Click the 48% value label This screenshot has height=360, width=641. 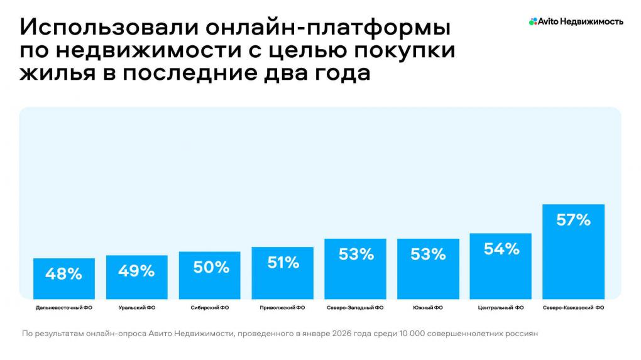coord(63,274)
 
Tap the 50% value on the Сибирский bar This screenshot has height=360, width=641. coord(210,267)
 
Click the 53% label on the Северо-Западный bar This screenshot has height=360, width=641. coord(356,254)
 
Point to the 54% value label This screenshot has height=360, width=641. coord(501,249)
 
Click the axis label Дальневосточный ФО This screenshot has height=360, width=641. coord(63,308)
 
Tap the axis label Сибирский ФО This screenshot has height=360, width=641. coord(210,308)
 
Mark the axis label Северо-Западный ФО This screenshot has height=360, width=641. coord(356,308)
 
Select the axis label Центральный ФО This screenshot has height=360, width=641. coord(501,308)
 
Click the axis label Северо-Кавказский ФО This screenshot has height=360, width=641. coord(573,308)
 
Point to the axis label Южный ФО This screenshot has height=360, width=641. coord(428,308)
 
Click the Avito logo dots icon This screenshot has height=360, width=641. coord(533,21)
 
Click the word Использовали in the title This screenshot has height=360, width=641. coord(80,29)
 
